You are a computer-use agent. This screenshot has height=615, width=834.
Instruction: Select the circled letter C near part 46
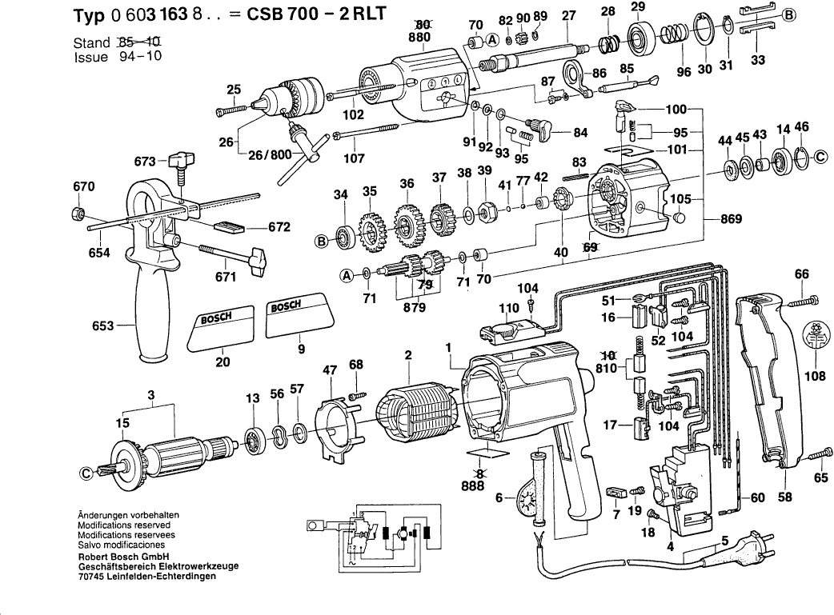(819, 158)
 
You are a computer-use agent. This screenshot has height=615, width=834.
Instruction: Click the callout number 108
(816, 373)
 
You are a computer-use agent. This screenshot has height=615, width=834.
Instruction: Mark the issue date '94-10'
(137, 58)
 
